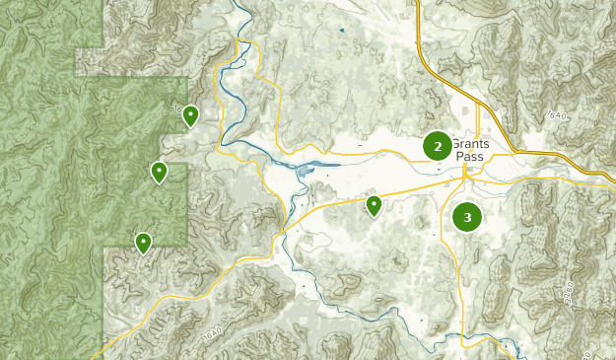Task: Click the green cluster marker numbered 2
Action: [438, 146]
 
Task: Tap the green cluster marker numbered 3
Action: [467, 217]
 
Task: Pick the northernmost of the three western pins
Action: [190, 115]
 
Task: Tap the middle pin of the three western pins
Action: [159, 172]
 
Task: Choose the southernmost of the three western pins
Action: [143, 242]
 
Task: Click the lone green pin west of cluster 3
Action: [374, 204]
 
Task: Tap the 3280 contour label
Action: [568, 294]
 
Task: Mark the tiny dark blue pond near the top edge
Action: [342, 31]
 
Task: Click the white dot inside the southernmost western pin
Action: [143, 239]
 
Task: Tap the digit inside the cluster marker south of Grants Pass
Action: [467, 217]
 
